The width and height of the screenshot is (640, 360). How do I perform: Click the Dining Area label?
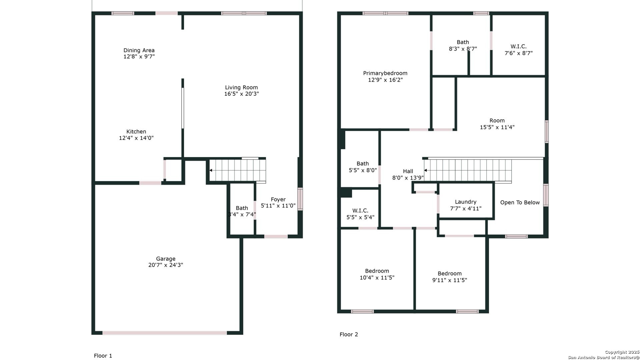pyautogui.click(x=139, y=50)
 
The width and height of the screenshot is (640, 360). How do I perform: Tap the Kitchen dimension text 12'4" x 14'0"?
pyautogui.click(x=136, y=138)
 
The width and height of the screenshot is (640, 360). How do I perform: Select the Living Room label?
pyautogui.click(x=241, y=88)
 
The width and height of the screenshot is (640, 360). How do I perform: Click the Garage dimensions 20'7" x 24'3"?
pyautogui.click(x=166, y=265)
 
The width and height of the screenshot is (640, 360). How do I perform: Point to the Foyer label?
pyautogui.click(x=278, y=199)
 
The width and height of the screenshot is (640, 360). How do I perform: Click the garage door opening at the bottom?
pyautogui.click(x=164, y=333)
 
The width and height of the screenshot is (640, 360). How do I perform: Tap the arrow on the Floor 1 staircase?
pyautogui.click(x=211, y=170)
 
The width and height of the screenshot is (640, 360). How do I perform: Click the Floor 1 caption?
pyautogui.click(x=103, y=356)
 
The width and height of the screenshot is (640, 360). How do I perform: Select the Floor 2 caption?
pyautogui.click(x=349, y=334)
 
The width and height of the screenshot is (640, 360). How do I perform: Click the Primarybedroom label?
pyautogui.click(x=385, y=73)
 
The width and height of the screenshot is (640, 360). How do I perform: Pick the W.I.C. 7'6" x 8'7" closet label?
pyautogui.click(x=519, y=47)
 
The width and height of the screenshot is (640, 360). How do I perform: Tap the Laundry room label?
pyautogui.click(x=465, y=202)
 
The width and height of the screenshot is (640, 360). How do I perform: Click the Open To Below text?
pyautogui.click(x=520, y=203)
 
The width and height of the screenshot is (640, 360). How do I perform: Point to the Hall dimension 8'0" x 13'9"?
pyautogui.click(x=408, y=178)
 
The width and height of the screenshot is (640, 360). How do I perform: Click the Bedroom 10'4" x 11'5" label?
pyautogui.click(x=377, y=271)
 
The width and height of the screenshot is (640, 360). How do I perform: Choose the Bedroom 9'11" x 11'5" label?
pyautogui.click(x=449, y=274)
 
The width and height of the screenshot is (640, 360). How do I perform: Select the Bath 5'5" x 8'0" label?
pyautogui.click(x=363, y=164)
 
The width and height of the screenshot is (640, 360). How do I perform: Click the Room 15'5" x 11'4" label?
pyautogui.click(x=497, y=121)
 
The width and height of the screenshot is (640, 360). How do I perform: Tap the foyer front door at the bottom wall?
pyautogui.click(x=276, y=236)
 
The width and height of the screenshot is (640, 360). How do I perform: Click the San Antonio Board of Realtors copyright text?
pyautogui.click(x=603, y=357)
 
